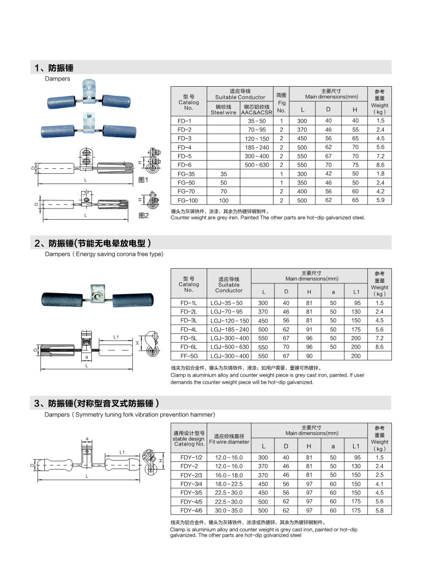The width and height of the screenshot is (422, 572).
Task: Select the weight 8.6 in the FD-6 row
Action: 380,165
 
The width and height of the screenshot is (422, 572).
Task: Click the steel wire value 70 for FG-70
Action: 223,192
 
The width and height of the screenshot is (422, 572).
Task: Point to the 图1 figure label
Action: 143,180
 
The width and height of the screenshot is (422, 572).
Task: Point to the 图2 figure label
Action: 143,216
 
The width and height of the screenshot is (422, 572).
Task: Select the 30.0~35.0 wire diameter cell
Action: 229,510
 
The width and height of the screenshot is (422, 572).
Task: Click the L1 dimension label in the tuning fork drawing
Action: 122,452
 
